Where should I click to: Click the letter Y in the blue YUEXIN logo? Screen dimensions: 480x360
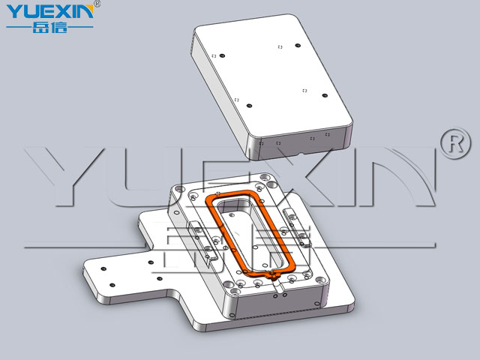14,12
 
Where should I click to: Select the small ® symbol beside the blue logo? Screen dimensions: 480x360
97,3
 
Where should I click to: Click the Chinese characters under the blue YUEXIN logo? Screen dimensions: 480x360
50,27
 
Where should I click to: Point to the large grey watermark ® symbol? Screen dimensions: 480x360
455,143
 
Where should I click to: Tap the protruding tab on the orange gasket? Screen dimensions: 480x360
273,276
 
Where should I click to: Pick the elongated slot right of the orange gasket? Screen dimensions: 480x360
297,227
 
